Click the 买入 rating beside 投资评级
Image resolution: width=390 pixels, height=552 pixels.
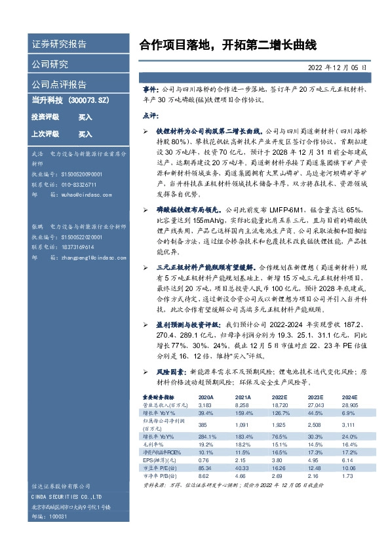[x=85, y=117]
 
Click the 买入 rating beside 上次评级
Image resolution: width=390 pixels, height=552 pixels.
[x=85, y=134]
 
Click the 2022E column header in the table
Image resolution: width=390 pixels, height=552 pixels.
[x=279, y=397]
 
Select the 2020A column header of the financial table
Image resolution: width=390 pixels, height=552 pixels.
[x=205, y=397]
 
